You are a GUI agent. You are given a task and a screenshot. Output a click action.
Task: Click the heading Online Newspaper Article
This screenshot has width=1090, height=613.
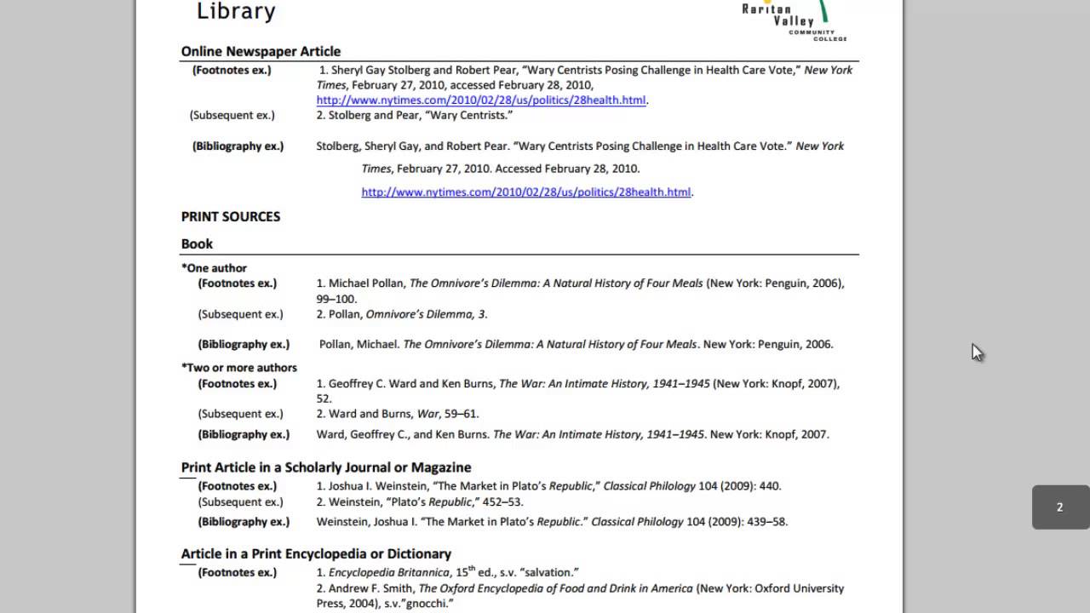pyautogui.click(x=261, y=51)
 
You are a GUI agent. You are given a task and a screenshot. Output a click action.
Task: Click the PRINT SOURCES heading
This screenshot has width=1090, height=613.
pyautogui.click(x=231, y=216)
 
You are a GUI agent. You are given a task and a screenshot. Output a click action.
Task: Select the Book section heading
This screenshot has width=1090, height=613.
pyautogui.click(x=197, y=243)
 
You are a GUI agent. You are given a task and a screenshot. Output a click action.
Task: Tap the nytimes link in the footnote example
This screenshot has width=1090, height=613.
pyautogui.click(x=481, y=100)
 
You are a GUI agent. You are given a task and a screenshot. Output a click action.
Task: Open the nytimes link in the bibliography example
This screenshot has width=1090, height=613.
pyautogui.click(x=526, y=192)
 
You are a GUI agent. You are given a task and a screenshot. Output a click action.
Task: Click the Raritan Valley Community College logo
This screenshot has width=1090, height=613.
pyautogui.click(x=795, y=19)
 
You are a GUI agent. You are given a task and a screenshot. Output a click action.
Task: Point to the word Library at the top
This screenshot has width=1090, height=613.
pyautogui.click(x=236, y=11)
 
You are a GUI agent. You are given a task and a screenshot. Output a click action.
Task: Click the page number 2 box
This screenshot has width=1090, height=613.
pyautogui.click(x=1059, y=507)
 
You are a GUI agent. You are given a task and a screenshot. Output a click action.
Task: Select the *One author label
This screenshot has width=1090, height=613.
pyautogui.click(x=214, y=267)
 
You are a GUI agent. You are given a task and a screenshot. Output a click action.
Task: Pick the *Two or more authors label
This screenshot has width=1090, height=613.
pyautogui.click(x=239, y=368)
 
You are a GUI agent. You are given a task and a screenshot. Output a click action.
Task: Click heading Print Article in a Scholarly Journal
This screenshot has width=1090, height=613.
pyautogui.click(x=326, y=467)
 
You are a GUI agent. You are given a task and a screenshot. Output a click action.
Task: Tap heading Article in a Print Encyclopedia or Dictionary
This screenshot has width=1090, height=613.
pyautogui.click(x=316, y=553)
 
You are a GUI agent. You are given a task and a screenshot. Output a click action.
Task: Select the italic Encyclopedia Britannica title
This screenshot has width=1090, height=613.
pyautogui.click(x=389, y=573)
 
